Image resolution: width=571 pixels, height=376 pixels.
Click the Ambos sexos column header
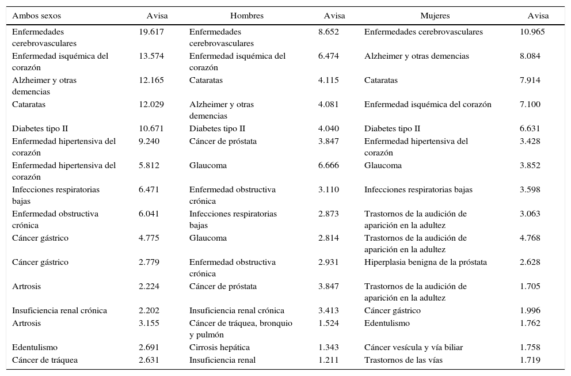(36, 16)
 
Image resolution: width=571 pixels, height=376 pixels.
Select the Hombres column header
(246, 16)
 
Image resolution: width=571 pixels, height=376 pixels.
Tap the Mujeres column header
(435, 16)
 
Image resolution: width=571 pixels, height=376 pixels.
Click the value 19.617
(151, 32)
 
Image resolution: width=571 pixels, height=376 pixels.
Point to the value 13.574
(151, 56)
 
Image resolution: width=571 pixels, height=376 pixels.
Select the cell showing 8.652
(329, 32)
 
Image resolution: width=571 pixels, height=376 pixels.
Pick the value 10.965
(532, 32)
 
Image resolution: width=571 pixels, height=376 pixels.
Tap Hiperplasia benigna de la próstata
(425, 262)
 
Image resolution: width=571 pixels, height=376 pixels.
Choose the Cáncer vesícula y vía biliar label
(413, 347)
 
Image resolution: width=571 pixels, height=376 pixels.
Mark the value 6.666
(329, 165)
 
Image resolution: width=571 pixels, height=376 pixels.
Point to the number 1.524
(329, 323)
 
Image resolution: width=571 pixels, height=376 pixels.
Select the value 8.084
(530, 56)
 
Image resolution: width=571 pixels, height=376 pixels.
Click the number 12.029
(151, 104)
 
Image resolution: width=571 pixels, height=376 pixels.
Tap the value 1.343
(329, 347)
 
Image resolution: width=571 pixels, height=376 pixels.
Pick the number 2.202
(149, 310)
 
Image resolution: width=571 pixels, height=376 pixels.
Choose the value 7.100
(530, 104)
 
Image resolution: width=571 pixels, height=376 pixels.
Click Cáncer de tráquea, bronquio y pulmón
(241, 329)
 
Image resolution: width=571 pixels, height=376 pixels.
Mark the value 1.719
(530, 360)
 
